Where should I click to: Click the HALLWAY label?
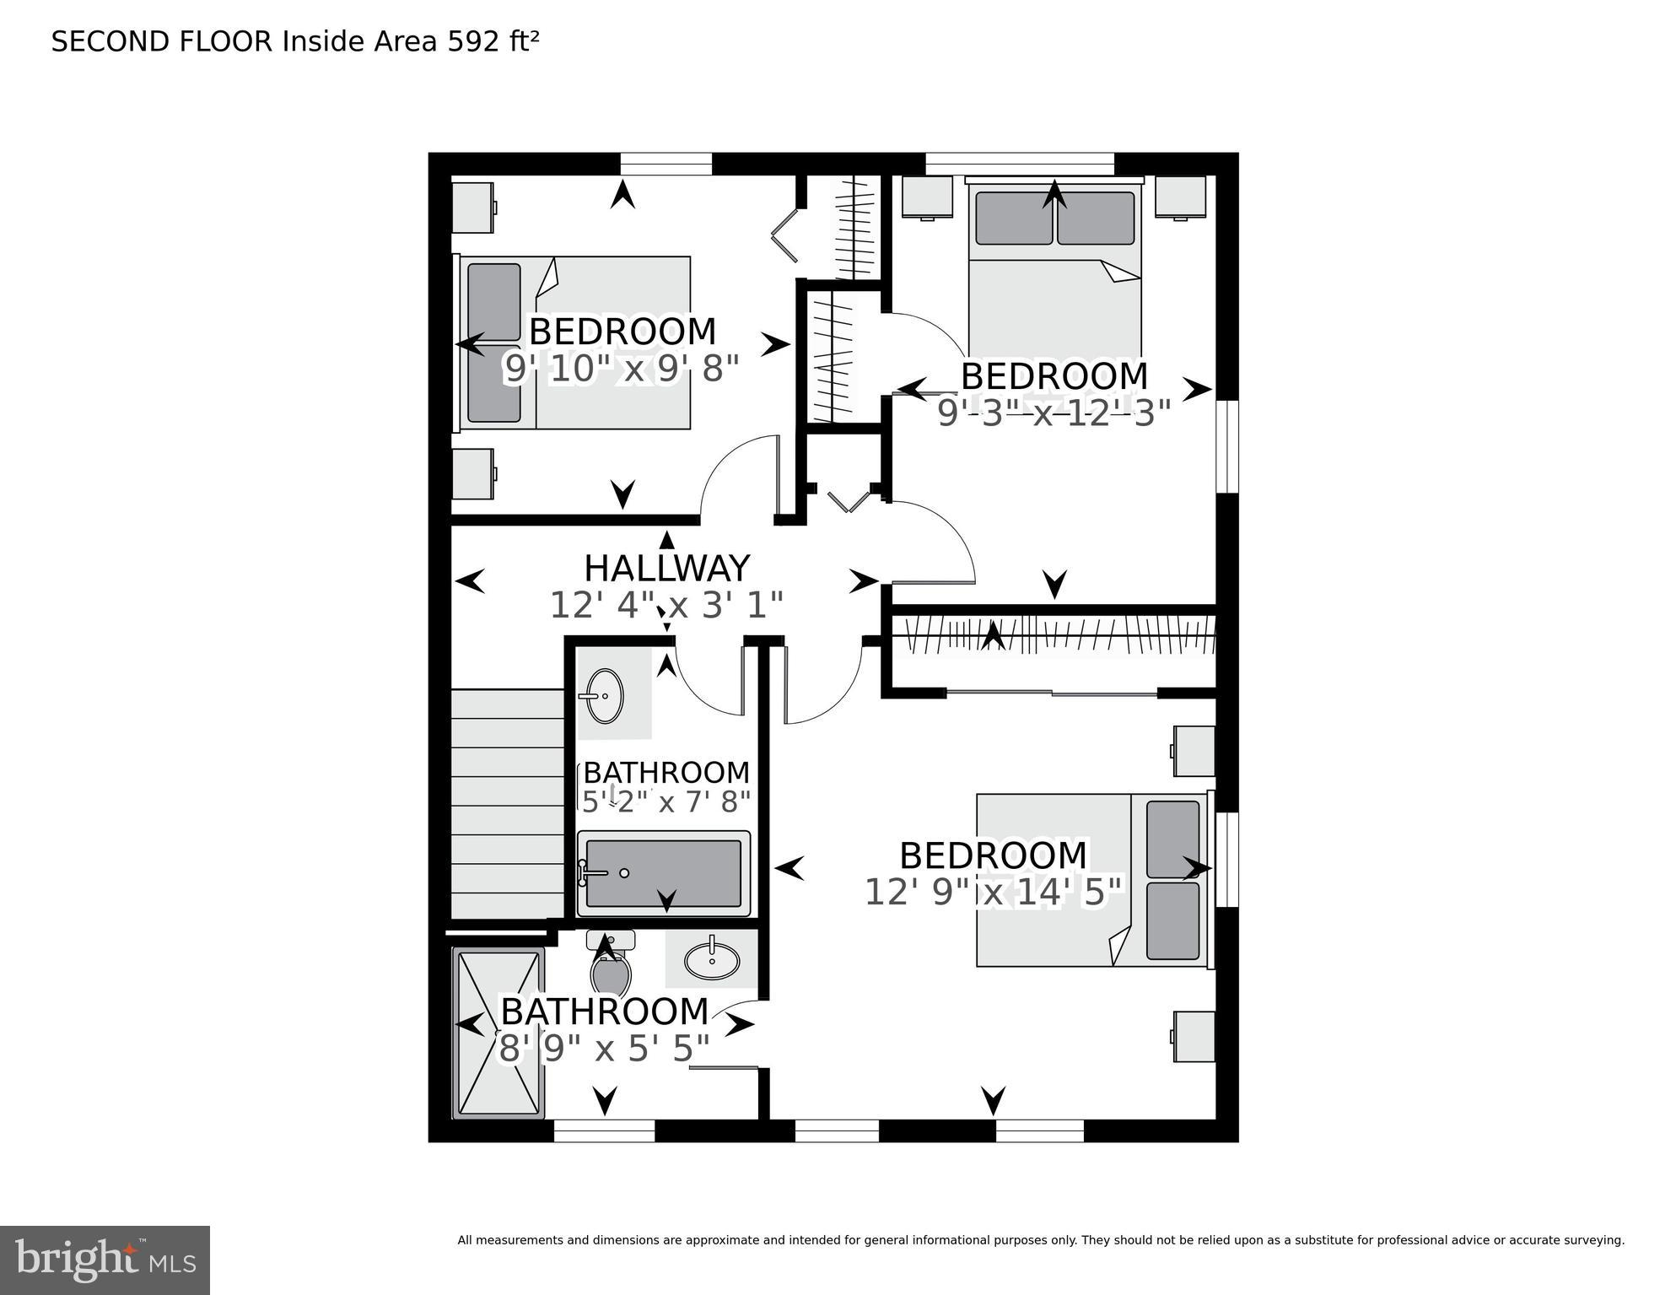tap(666, 569)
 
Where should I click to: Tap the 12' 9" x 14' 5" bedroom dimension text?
tap(994, 893)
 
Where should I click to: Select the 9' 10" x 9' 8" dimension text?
tap(622, 369)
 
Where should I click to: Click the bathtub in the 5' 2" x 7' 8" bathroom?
tap(664, 874)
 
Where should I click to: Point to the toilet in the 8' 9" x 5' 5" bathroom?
tap(611, 966)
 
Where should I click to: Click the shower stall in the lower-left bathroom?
tap(498, 1033)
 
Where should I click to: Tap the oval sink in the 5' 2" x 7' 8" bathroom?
tap(604, 696)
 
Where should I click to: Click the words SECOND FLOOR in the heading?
tap(162, 41)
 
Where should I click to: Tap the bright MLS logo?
tap(105, 1260)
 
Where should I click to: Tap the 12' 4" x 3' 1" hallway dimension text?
tap(666, 605)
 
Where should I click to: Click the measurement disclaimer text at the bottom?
tap(1040, 1240)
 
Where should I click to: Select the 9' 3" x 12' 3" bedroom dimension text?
tap(1054, 413)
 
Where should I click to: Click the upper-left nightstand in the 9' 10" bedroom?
tap(473, 208)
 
